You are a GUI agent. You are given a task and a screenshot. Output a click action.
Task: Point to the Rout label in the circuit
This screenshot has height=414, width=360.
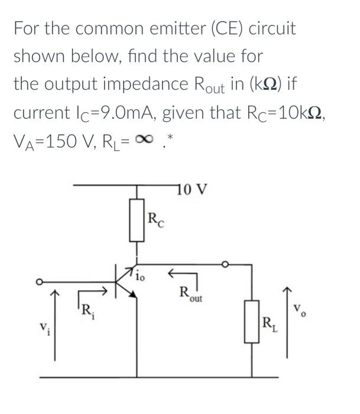pyautogui.click(x=190, y=294)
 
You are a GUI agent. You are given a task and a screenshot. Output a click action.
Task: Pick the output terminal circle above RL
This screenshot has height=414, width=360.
pyautogui.click(x=225, y=264)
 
